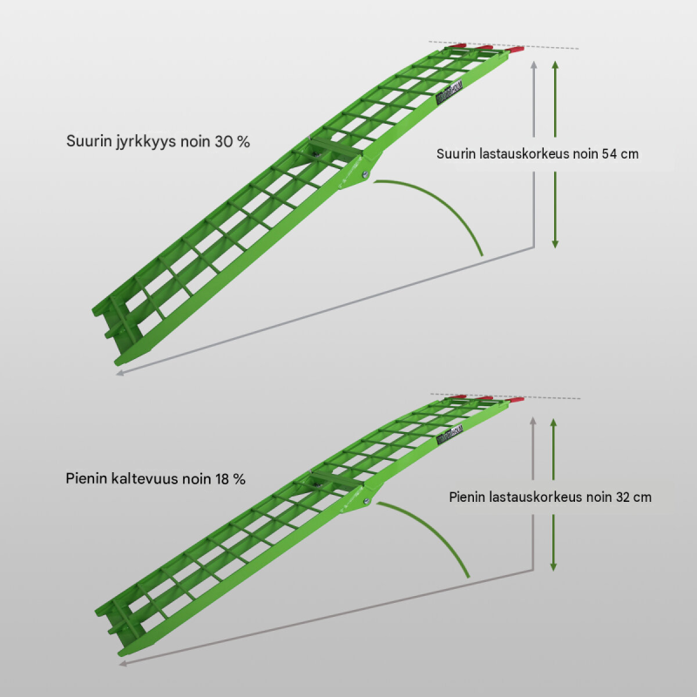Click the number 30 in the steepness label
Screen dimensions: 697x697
pyautogui.click(x=224, y=141)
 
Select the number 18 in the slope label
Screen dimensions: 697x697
pyautogui.click(x=222, y=478)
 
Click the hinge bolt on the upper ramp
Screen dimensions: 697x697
pyautogui.click(x=365, y=175)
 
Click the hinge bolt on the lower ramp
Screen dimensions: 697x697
pyautogui.click(x=366, y=501)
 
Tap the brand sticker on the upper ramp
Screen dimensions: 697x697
pyautogui.click(x=449, y=92)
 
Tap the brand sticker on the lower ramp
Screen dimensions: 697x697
pyautogui.click(x=450, y=433)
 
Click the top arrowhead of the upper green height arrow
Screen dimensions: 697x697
pyautogui.click(x=555, y=64)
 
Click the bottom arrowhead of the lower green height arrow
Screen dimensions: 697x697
pyautogui.click(x=553, y=567)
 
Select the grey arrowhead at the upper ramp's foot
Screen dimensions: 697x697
pyautogui.click(x=119, y=373)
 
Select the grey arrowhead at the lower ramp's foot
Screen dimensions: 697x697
pyautogui.click(x=123, y=663)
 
